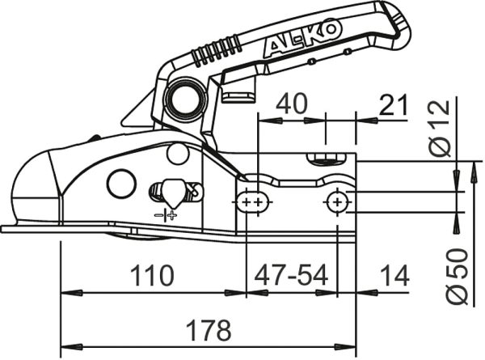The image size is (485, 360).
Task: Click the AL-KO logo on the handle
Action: coord(299,40)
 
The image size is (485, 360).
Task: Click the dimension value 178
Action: coord(209,330)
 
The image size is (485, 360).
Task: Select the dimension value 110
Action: coord(152,275)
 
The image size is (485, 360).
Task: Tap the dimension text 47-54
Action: coord(291,275)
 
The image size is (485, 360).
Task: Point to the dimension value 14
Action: coord(394,275)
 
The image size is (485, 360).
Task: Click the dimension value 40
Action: coord(291,104)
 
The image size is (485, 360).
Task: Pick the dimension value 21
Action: coord(393,105)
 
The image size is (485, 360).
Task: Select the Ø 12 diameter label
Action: coord(440,128)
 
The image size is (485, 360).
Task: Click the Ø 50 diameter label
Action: coord(457,276)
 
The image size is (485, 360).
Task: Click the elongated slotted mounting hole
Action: coord(253,202)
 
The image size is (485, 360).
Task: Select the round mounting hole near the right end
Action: coord(337,202)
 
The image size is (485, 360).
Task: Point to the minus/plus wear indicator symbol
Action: coord(166,214)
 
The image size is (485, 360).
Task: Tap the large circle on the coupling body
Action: coord(121,184)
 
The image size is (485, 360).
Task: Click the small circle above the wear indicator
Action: coord(178,154)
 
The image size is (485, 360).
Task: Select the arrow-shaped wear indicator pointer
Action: coord(173,194)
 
